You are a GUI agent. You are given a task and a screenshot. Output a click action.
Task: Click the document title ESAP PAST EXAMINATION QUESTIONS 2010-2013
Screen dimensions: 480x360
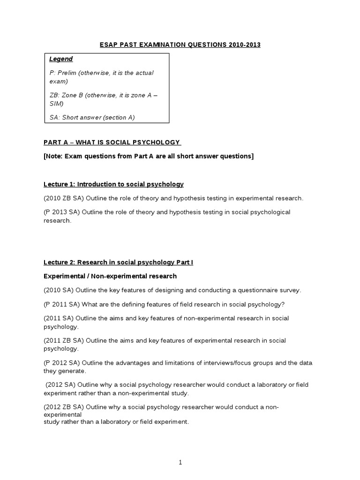click(x=180, y=45)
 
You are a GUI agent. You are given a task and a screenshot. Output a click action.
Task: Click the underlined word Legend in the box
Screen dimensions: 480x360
click(x=61, y=59)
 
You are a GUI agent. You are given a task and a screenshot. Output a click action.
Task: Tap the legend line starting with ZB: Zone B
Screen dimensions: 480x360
click(x=103, y=95)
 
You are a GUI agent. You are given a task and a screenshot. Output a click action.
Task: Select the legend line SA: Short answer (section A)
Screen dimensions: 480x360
click(x=92, y=117)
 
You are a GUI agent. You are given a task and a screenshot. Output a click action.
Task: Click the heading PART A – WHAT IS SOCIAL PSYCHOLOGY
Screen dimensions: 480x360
click(x=112, y=142)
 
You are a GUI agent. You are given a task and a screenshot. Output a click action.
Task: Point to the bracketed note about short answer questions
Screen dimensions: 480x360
click(x=149, y=156)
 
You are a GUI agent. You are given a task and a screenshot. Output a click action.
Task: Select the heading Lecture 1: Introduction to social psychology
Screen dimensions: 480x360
click(x=113, y=184)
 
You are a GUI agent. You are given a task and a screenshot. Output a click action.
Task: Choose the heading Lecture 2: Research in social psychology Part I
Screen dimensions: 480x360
click(x=118, y=262)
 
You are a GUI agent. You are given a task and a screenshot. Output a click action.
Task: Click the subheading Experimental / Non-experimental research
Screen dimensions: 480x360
click(x=110, y=276)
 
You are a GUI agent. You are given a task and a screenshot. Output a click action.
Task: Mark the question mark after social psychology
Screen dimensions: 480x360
click(x=282, y=304)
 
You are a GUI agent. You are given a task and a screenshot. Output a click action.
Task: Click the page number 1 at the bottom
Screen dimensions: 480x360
click(x=180, y=462)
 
